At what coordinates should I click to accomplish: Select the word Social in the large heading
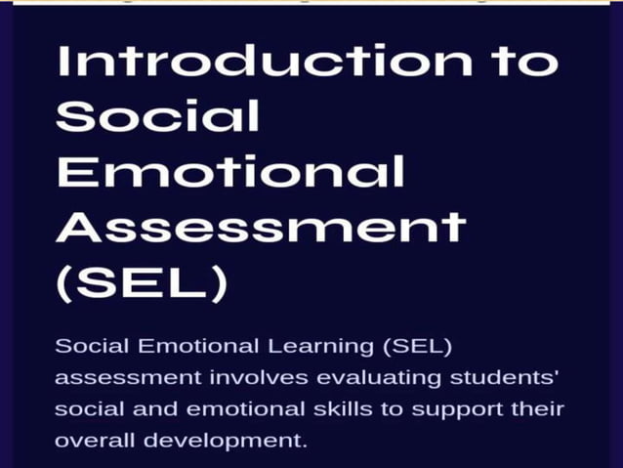click(157, 116)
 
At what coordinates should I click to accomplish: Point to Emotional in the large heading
click(229, 172)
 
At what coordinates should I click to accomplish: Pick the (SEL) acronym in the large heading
click(142, 284)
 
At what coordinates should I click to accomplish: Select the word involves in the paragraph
click(233, 377)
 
